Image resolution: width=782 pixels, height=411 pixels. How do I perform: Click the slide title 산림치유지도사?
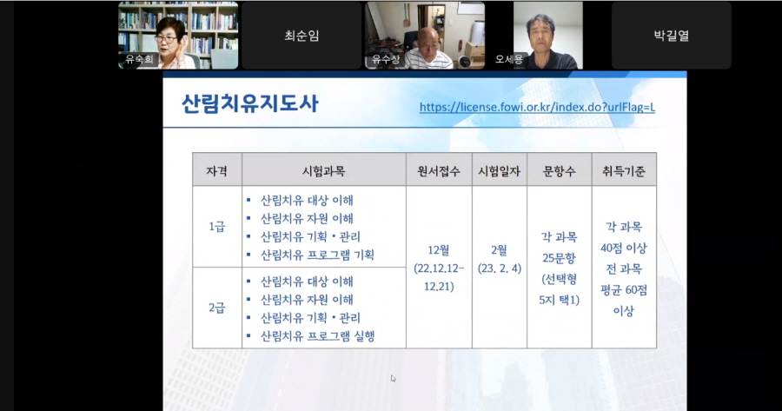click(250, 105)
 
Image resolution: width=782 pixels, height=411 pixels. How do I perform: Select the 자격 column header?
click(217, 169)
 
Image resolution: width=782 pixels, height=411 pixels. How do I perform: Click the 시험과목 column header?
click(323, 169)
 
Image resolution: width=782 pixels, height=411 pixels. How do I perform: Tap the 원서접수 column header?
click(439, 169)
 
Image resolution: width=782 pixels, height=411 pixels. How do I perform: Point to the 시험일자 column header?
click(499, 169)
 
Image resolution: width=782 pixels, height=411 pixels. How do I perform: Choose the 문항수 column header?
click(558, 169)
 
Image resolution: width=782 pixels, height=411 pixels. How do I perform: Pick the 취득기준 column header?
click(623, 169)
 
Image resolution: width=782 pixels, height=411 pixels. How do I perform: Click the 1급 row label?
click(217, 227)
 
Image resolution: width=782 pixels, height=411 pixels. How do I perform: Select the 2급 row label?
click(217, 308)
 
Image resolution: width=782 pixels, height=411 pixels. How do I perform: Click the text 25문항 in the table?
click(558, 257)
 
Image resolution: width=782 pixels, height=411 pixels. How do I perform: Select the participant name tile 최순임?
click(302, 36)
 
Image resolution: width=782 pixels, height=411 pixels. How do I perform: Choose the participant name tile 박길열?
click(671, 36)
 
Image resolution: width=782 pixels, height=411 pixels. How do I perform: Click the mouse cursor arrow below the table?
click(394, 379)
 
